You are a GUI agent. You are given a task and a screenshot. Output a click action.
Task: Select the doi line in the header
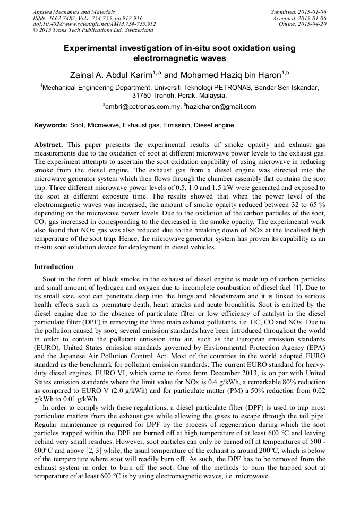point(94,24)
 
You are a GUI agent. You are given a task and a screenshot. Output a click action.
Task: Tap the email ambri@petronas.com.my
point(142,107)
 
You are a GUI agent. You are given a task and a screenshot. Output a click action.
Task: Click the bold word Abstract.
point(49,144)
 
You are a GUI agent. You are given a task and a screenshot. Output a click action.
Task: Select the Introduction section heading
point(54,266)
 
